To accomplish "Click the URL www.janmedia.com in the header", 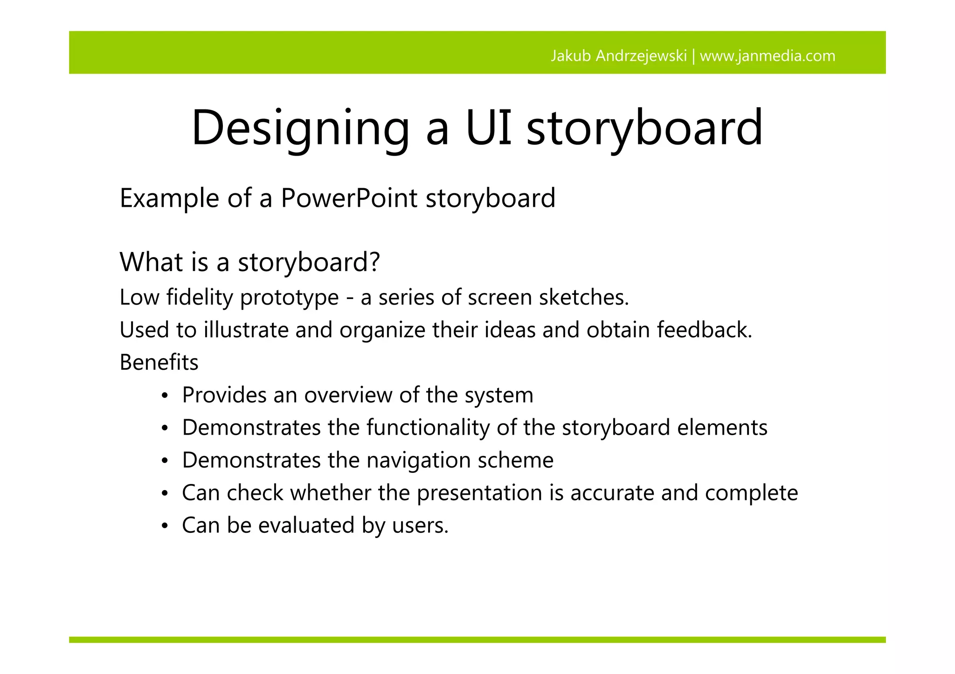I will [768, 56].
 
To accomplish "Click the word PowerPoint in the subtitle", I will [349, 198].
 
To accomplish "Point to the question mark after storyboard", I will [374, 261].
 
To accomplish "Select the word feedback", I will [704, 330].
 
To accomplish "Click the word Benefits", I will [159, 362].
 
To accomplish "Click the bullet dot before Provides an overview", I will [164, 396].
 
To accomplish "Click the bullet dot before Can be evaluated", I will [164, 527].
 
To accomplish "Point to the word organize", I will [382, 330].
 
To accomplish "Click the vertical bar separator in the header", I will [693, 56].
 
